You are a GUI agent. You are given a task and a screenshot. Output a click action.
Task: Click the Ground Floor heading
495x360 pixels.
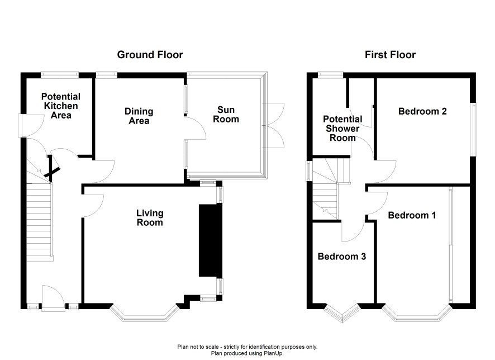tap(150, 55)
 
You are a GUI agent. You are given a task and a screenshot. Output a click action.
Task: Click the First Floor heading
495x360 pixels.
tap(390, 55)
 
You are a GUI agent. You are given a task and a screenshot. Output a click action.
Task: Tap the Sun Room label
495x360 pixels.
tap(226, 114)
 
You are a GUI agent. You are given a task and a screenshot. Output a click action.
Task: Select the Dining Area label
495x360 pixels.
tap(139, 116)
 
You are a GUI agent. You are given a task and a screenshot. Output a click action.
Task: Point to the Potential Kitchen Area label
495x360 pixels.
tap(61, 106)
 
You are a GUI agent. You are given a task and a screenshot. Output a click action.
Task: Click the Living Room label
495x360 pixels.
tap(150, 218)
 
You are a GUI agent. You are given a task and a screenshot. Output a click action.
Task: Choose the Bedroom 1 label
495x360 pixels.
tap(412, 215)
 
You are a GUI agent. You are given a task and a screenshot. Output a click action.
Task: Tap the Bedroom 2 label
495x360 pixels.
tap(422, 111)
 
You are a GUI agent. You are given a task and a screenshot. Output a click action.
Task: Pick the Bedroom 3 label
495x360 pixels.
tap(341, 257)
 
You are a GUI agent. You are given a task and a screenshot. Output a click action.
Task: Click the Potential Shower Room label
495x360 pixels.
tap(342, 129)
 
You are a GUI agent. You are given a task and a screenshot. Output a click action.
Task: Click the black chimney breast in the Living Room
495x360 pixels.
tap(211, 240)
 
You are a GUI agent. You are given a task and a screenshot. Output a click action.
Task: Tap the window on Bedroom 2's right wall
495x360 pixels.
tap(474, 130)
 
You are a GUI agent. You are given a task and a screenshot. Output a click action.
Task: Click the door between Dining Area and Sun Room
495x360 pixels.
tap(195, 128)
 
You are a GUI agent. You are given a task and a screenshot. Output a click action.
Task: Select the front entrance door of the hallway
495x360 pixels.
tap(54, 298)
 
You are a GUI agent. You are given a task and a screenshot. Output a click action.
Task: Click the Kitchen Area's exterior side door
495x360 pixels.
tap(31, 125)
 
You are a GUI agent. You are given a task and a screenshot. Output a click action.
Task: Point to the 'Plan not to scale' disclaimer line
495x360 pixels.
tap(247, 347)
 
